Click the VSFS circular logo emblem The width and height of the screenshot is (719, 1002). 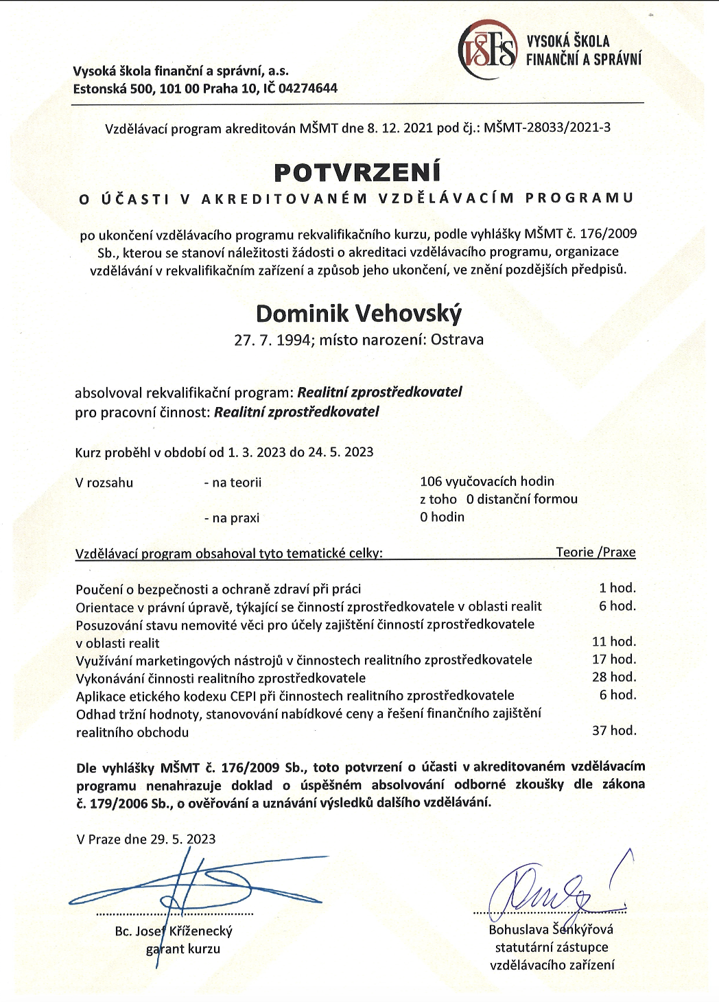(x=487, y=49)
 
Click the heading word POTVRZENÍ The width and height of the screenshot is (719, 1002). (x=357, y=172)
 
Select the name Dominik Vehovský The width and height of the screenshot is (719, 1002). (x=359, y=314)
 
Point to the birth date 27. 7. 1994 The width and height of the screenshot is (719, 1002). (x=272, y=340)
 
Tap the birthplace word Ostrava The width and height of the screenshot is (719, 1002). (x=457, y=340)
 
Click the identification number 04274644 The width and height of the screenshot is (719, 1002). (x=308, y=89)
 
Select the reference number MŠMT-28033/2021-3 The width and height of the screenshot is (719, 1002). (x=547, y=128)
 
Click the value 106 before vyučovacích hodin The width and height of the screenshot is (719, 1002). (x=431, y=482)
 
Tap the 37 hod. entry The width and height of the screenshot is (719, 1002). (x=614, y=731)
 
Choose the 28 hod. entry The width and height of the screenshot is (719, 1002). (x=614, y=677)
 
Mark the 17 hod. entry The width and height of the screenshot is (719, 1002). (x=614, y=660)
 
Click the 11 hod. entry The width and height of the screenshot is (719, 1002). (x=614, y=642)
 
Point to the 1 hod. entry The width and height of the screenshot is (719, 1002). (x=617, y=588)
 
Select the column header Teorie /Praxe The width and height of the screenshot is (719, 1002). (x=596, y=552)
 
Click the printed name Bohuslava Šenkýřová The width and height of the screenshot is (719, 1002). (x=551, y=930)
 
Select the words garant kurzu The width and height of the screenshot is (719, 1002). (x=183, y=949)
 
